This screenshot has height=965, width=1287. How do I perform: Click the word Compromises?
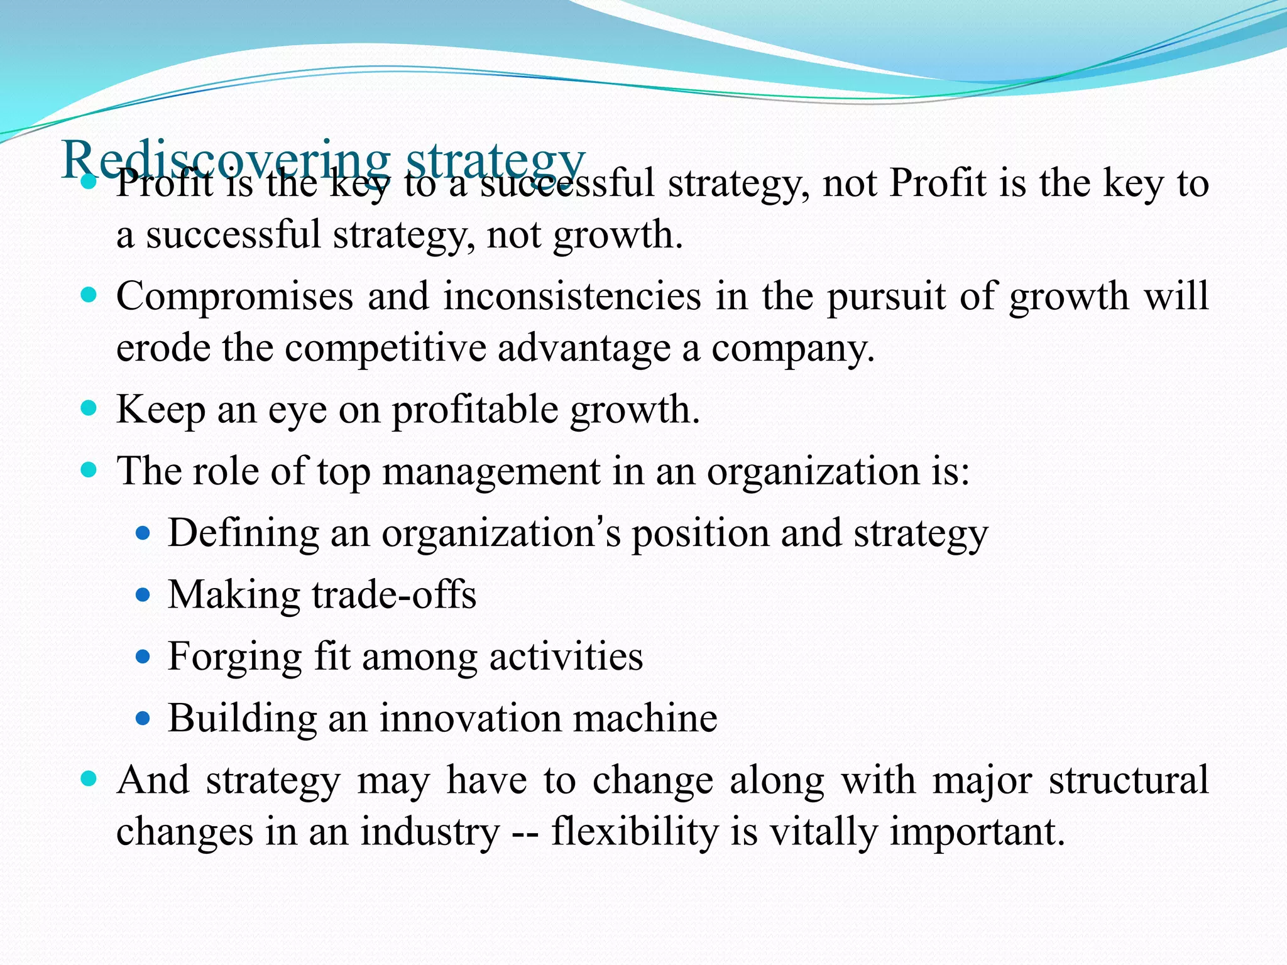tap(234, 296)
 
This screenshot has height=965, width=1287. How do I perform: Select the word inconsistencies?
tap(572, 296)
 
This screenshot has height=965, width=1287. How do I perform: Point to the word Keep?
tap(160, 410)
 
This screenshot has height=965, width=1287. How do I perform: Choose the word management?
tap(491, 471)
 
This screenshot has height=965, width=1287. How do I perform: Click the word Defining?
tap(243, 533)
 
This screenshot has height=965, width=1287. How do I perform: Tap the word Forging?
tap(234, 657)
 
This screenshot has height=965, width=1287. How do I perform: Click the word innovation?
tap(470, 717)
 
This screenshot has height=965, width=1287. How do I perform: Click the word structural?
tap(1129, 780)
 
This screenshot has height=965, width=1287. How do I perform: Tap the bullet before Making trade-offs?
tap(143, 594)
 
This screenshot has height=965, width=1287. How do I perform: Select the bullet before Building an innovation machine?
tap(143, 717)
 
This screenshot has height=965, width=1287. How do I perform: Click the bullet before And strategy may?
tap(89, 780)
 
